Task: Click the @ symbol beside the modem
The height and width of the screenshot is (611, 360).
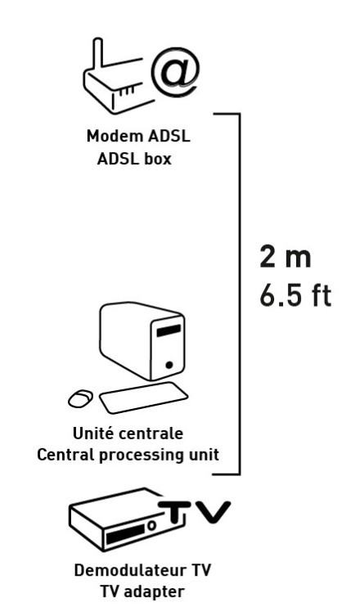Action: click(175, 73)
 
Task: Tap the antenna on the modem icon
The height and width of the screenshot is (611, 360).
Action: click(98, 56)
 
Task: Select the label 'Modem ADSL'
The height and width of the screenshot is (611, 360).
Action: click(138, 137)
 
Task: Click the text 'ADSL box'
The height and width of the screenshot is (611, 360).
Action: click(134, 159)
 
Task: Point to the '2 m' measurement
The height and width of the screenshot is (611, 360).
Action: click(286, 257)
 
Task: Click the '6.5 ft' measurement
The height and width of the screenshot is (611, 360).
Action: click(295, 296)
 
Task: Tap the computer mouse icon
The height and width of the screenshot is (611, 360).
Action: click(81, 398)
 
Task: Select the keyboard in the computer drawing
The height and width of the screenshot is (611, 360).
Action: click(143, 398)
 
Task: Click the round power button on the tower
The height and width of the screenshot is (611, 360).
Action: click(169, 365)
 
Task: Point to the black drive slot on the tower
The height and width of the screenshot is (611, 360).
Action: click(169, 330)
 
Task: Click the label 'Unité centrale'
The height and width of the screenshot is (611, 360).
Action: click(128, 434)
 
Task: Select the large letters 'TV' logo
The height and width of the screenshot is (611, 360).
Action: click(195, 512)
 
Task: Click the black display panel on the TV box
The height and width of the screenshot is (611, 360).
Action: click(125, 535)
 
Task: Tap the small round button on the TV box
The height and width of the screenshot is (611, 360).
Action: click(152, 526)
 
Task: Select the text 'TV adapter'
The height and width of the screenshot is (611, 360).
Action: click(142, 592)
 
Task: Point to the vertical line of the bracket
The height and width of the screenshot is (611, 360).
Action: click(239, 294)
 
